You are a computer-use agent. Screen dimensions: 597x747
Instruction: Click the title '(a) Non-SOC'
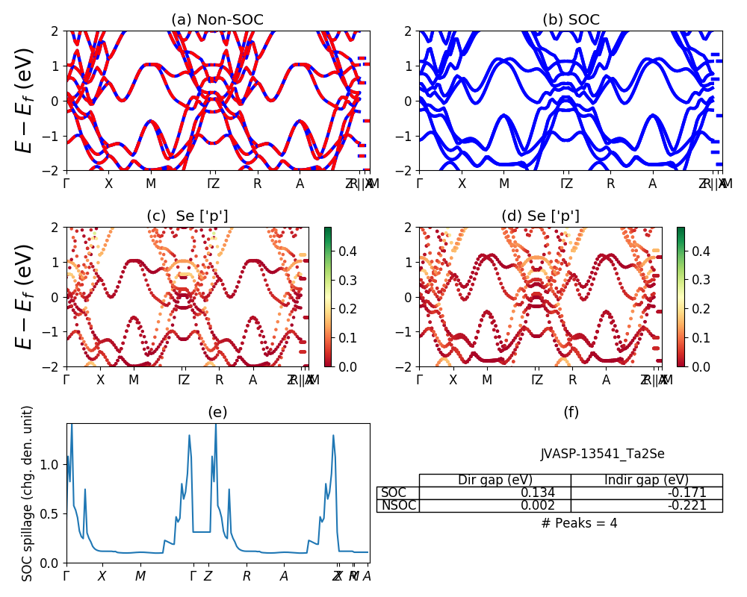pyautogui.click(x=217, y=20)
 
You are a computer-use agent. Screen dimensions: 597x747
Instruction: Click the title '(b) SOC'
pyautogui.click(x=571, y=20)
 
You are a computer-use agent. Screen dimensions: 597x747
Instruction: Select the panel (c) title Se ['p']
pyautogui.click(x=187, y=216)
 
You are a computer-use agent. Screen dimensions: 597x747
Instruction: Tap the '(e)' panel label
pyautogui.click(x=217, y=413)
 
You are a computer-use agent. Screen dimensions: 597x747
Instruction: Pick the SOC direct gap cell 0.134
pyautogui.click(x=495, y=493)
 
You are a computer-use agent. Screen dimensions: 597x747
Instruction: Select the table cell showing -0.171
pyautogui.click(x=647, y=493)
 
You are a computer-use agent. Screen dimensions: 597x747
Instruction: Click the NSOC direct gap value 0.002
pyautogui.click(x=495, y=506)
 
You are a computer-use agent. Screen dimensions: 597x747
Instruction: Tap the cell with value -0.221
pyautogui.click(x=647, y=506)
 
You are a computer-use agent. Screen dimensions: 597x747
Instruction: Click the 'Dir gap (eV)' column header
pyautogui.click(x=495, y=481)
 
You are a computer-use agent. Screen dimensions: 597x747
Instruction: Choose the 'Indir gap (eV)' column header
pyautogui.click(x=647, y=481)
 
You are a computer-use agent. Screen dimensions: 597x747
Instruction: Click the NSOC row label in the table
pyautogui.click(x=398, y=506)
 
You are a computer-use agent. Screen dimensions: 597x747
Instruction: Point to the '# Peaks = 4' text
pyautogui.click(x=579, y=523)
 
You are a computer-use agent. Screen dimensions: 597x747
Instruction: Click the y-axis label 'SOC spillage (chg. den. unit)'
pyautogui.click(x=28, y=493)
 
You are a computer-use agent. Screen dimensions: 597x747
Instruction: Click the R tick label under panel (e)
pyautogui.click(x=247, y=576)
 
